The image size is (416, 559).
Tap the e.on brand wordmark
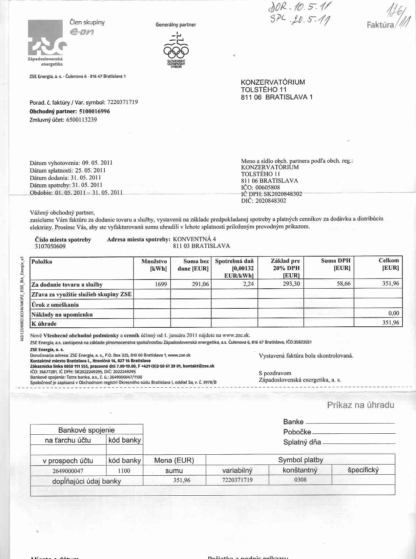tap(82, 32)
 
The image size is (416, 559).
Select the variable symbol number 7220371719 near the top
tap(122, 102)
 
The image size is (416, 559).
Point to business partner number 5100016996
tap(94, 111)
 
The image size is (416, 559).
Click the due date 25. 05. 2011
tap(90, 170)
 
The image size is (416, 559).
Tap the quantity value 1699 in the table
tap(161, 284)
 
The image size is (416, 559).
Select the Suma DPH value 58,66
tap(343, 283)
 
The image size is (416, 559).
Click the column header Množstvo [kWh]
tap(154, 265)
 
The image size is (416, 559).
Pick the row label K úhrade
tap(44, 324)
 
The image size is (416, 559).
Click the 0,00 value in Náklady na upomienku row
tap(393, 313)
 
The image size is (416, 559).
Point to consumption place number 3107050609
tap(50, 246)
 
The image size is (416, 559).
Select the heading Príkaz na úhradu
tap(360, 405)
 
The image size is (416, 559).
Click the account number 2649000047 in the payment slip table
tap(68, 471)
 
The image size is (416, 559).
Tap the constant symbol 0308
tap(300, 480)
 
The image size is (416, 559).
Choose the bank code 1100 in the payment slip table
tap(124, 471)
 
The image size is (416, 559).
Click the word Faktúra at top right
tap(380, 25)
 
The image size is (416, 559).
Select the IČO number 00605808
tap(267, 187)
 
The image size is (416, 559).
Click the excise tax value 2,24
tap(248, 284)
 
